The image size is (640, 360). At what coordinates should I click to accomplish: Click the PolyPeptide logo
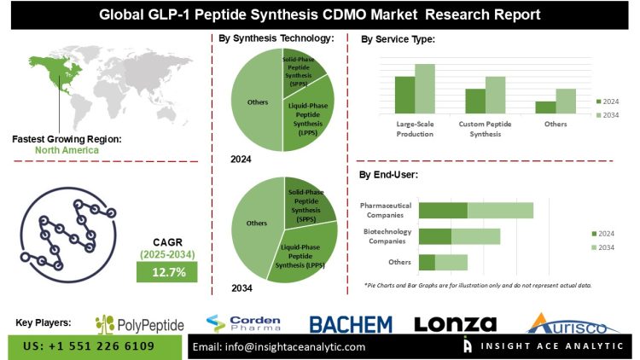pos(139,324)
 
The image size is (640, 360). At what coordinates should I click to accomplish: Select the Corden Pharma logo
pos(243,324)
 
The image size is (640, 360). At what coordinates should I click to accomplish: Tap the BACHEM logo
pos(350,324)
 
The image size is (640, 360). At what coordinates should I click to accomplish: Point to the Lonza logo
pos(455,324)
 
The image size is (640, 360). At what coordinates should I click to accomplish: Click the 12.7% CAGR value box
pos(167,271)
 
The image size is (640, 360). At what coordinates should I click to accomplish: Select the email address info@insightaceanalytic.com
pos(279,347)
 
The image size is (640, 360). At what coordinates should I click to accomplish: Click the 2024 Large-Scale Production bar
pos(404,95)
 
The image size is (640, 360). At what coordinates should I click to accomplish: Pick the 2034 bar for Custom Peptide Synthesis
pos(496,95)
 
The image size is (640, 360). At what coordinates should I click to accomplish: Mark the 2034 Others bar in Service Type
pos(567,101)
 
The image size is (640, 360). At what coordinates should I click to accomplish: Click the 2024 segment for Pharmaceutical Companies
pos(443,210)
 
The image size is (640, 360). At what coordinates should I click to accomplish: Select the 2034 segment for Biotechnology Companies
pos(475,236)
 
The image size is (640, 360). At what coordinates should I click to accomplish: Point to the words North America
pos(67,150)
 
